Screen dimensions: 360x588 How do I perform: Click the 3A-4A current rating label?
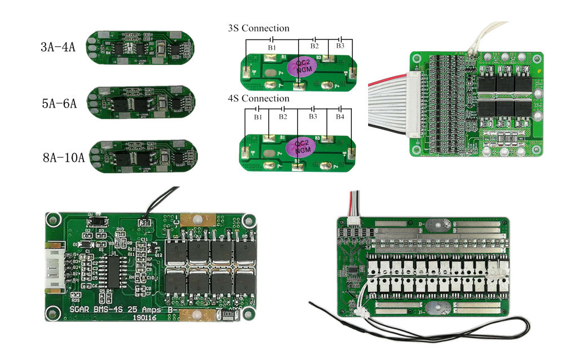pyautogui.click(x=58, y=47)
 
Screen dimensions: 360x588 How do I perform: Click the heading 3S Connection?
pyautogui.click(x=258, y=28)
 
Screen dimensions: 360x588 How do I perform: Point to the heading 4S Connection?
pyautogui.click(x=258, y=99)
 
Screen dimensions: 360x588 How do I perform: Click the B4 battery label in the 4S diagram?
pyautogui.click(x=340, y=117)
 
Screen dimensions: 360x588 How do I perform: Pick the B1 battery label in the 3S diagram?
pyautogui.click(x=272, y=48)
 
